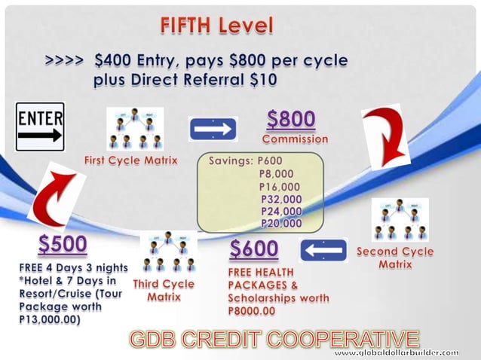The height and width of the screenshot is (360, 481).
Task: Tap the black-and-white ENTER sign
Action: pyautogui.click(x=40, y=127)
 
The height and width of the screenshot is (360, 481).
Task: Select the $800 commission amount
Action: pyautogui.click(x=291, y=120)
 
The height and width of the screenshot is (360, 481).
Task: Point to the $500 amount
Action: pyautogui.click(x=63, y=246)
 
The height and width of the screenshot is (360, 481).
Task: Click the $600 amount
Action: pyautogui.click(x=253, y=249)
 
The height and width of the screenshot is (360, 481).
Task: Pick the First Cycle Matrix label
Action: pyautogui.click(x=130, y=160)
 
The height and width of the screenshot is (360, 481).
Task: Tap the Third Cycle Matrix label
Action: pyautogui.click(x=164, y=291)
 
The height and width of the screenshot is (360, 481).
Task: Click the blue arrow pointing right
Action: pyautogui.click(x=213, y=130)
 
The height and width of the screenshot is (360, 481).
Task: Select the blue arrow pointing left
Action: pyautogui.click(x=323, y=250)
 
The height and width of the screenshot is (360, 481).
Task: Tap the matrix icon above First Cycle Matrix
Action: pyautogui.click(x=135, y=129)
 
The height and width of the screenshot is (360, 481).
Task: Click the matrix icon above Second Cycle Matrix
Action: pyautogui.click(x=400, y=219)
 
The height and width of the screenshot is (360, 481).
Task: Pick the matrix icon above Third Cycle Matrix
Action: pyautogui.click(x=168, y=252)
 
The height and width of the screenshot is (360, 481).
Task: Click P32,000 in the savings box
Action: pyautogui.click(x=281, y=200)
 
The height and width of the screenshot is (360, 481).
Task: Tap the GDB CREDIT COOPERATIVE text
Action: pyautogui.click(x=274, y=339)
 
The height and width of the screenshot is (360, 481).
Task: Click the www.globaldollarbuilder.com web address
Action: pyautogui.click(x=396, y=352)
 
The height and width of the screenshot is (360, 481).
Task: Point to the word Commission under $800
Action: pyautogui.click(x=295, y=139)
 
